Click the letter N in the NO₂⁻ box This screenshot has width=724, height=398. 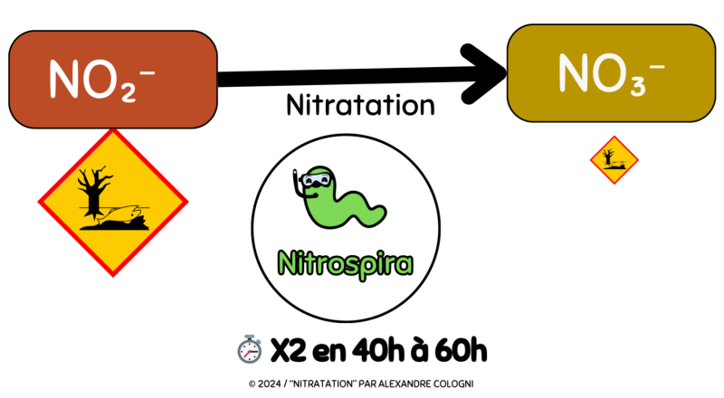point(66,81)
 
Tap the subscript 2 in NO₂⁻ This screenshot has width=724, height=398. point(127,91)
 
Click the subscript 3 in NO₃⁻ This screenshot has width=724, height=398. point(633,84)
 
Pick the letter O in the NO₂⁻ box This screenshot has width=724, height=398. point(101,81)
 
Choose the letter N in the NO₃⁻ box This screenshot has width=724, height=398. point(574,74)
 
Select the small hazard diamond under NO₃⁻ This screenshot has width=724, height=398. point(614,160)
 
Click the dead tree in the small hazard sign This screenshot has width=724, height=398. point(609,156)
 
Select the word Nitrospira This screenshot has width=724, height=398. point(345,264)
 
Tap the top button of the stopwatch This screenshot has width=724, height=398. point(249,336)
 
